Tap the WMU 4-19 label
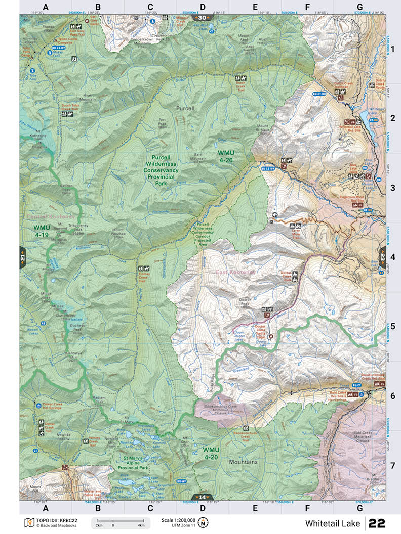coord(41,231)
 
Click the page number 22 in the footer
coord(377,523)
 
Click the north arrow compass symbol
coord(203,522)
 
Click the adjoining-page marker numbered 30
coord(202,18)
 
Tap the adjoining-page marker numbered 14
coord(202,497)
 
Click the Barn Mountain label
coord(201,156)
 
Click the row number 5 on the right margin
coord(392,326)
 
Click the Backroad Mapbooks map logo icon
coord(28,522)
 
